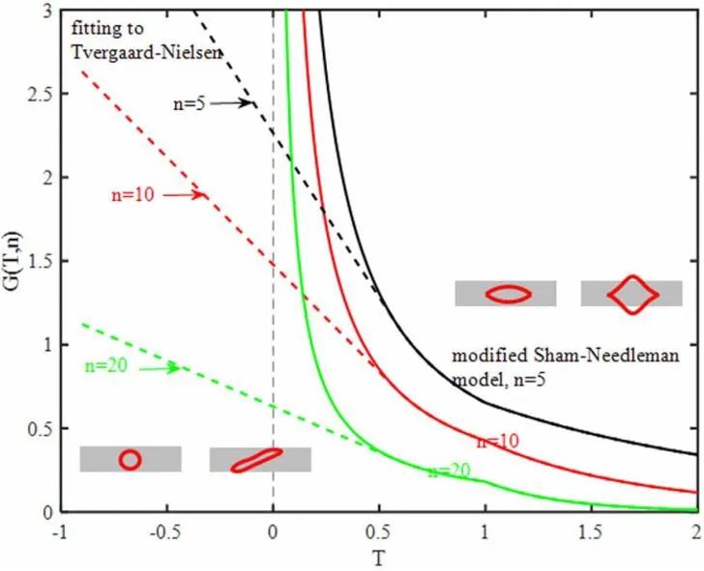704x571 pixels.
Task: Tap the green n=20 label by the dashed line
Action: tap(100, 365)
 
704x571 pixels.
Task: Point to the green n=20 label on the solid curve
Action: tap(448, 471)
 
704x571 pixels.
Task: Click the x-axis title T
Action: tap(379, 557)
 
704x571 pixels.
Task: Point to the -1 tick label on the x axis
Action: tap(62, 529)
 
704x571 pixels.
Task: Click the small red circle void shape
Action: tap(130, 460)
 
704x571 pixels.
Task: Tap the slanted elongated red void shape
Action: tap(256, 460)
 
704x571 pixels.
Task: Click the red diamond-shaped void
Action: tap(632, 294)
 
